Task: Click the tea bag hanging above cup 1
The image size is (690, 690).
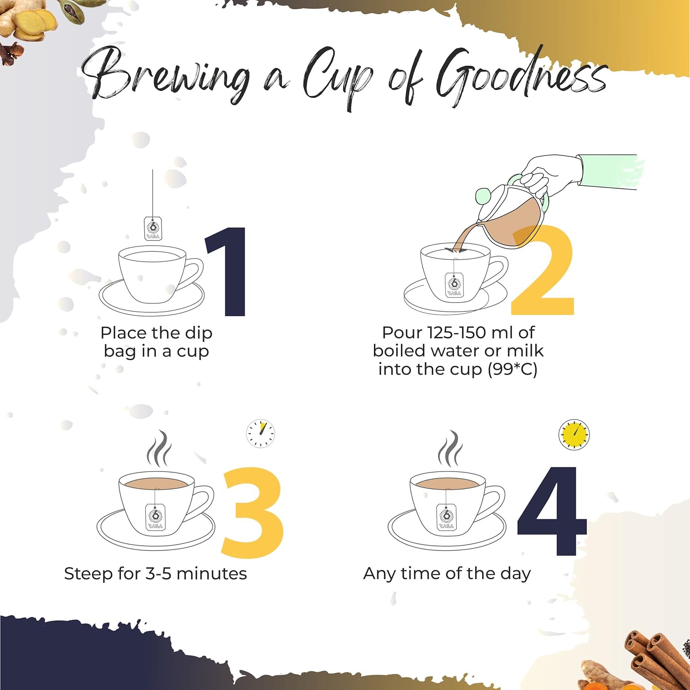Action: (x=153, y=228)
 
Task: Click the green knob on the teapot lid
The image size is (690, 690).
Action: (x=483, y=196)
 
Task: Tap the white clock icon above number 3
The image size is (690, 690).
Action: (x=261, y=433)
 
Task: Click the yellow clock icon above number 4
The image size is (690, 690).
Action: (x=574, y=434)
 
